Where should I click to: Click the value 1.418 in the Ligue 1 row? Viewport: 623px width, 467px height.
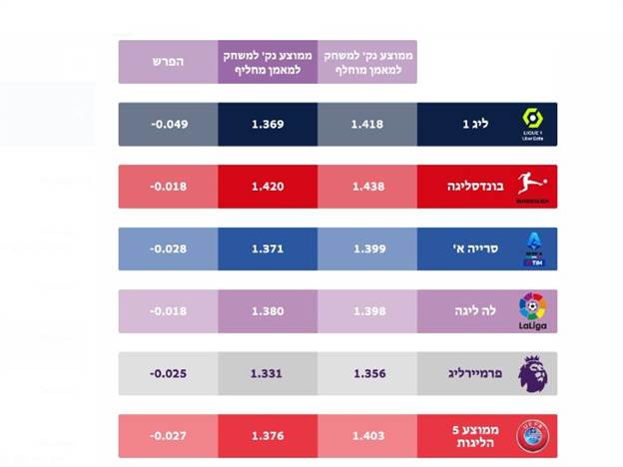pos(367,124)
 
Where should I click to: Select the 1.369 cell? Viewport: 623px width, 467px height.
pos(268,124)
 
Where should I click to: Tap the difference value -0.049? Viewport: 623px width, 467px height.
pos(168,124)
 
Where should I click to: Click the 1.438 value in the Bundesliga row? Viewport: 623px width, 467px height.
pos(367,186)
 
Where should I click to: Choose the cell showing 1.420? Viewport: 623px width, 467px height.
pos(268,186)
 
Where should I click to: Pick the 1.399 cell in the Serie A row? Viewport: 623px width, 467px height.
pos(367,248)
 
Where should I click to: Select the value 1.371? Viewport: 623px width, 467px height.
pos(268,248)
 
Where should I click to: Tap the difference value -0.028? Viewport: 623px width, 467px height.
pos(168,248)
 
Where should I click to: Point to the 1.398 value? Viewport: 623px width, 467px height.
pos(367,310)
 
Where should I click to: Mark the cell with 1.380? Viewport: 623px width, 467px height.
pos(268,310)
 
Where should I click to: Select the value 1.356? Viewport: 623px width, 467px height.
pos(367,373)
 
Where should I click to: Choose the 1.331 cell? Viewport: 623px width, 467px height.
pos(268,373)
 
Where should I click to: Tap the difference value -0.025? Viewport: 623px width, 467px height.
pos(168,373)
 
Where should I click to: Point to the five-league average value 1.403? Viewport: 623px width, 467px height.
pos(367,436)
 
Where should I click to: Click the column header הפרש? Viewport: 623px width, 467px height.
pos(168,61)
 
